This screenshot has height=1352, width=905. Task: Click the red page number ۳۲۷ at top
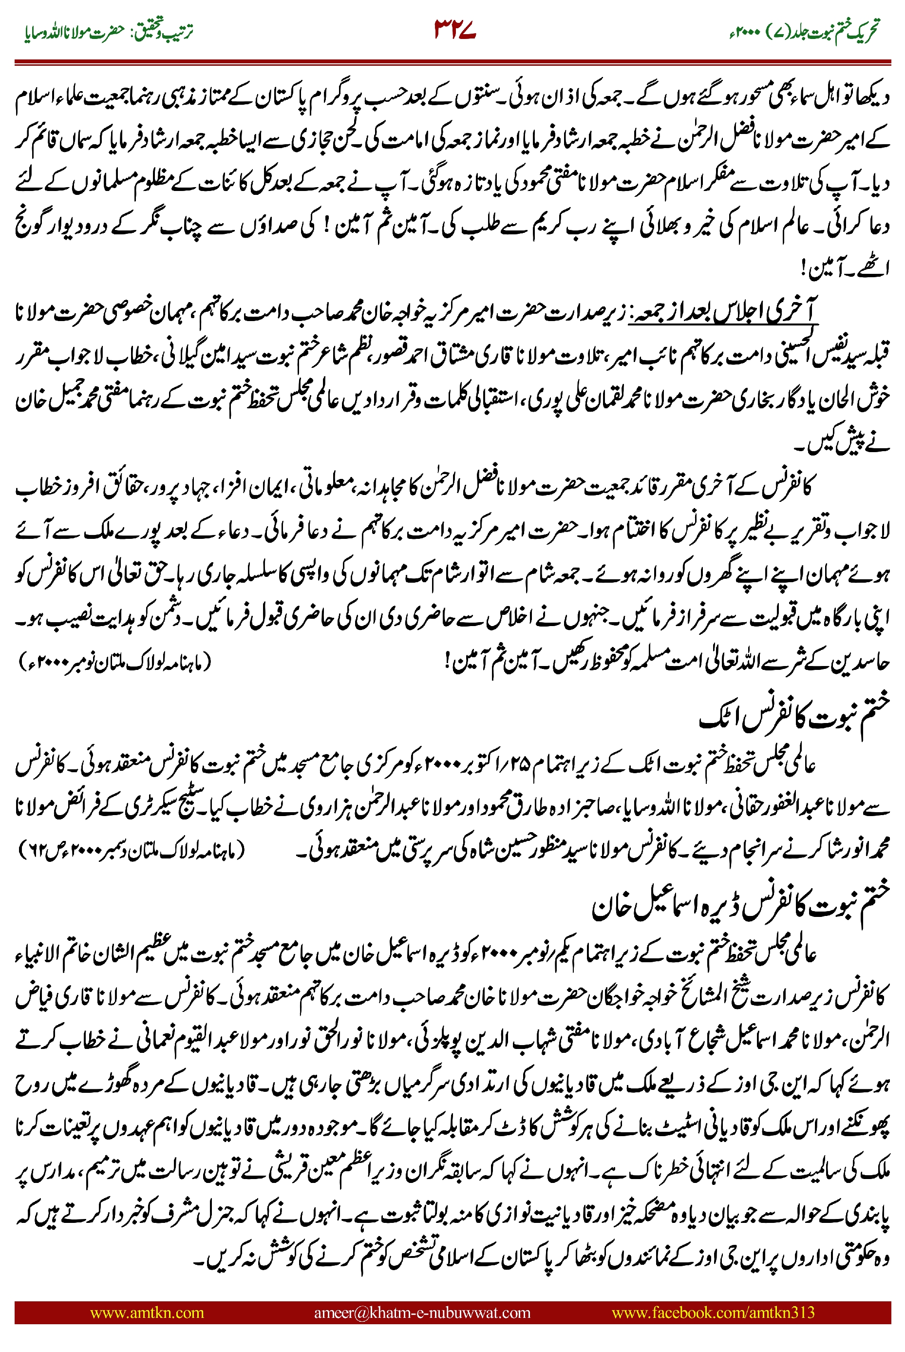[x=454, y=30]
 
